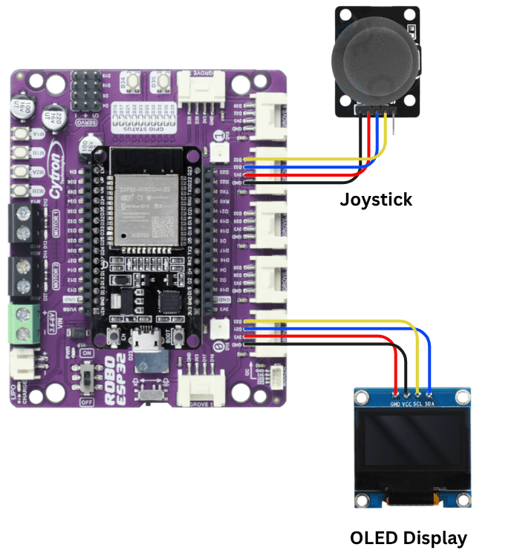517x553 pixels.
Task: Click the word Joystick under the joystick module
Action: pyautogui.click(x=376, y=199)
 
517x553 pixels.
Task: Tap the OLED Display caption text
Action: pyautogui.click(x=409, y=537)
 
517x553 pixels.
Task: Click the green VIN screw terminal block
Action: pyautogui.click(x=25, y=324)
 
